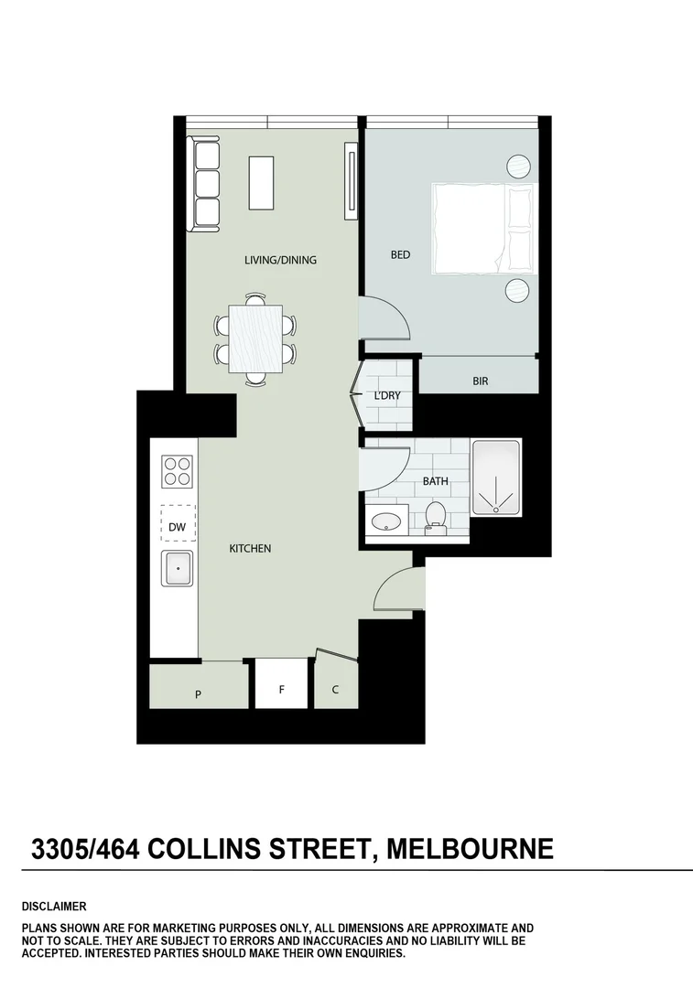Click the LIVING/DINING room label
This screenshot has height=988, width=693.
coord(280,260)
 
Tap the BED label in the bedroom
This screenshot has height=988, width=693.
coord(400,255)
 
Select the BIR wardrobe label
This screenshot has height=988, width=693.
coord(480,381)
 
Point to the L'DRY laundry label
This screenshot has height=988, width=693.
coord(385,396)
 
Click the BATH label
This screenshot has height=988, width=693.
coord(435,481)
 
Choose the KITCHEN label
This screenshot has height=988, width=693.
coord(250,549)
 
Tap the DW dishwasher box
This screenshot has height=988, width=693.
coord(178,526)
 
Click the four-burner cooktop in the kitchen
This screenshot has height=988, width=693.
coord(178,472)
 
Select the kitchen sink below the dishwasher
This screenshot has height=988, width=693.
coord(178,569)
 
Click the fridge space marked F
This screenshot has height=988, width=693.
coord(281,690)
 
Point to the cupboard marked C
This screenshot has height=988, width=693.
coord(335,690)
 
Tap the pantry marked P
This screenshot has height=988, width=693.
coord(198,694)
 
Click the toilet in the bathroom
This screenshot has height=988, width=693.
coord(436,517)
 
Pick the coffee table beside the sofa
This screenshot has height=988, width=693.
coord(262,183)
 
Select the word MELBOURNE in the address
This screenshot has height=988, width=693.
coord(470,849)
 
